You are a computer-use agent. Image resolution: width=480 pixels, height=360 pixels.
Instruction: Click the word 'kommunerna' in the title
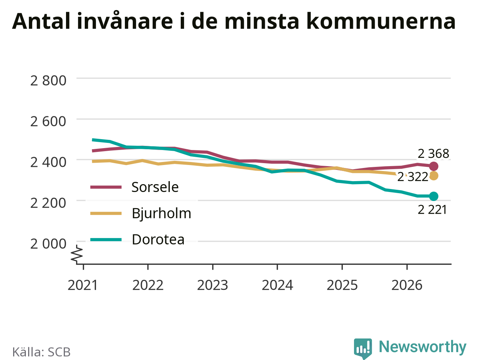tap(381, 21)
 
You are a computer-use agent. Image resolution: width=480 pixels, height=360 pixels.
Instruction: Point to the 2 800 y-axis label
tap(48, 80)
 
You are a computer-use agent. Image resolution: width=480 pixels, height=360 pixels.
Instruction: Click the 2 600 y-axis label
tap(48, 121)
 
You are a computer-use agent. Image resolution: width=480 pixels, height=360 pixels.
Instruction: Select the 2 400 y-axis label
tap(48, 162)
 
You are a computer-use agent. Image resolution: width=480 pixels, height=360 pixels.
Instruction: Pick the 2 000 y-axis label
tap(48, 244)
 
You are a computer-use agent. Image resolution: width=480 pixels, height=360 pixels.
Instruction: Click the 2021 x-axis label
tap(82, 285)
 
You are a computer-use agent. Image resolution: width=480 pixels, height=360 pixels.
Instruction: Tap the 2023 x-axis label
tap(213, 285)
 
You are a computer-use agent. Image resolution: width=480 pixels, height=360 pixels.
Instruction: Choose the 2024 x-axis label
tap(277, 285)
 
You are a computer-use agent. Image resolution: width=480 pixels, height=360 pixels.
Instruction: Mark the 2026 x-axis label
tap(407, 285)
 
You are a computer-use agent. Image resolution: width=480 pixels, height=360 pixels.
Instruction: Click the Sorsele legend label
tap(155, 187)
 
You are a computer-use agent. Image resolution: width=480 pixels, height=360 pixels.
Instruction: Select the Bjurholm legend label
tap(162, 213)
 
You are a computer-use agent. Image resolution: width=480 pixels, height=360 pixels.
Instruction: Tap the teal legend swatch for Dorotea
tap(106, 240)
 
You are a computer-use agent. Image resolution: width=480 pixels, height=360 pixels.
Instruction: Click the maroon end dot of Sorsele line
tap(433, 166)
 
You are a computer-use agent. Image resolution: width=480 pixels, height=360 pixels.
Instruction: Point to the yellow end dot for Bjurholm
tap(433, 176)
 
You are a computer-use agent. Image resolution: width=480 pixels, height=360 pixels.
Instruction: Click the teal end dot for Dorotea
tap(433, 196)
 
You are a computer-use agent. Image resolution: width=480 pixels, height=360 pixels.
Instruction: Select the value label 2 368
tap(433, 154)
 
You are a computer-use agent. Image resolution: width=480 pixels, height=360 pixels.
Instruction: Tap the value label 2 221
tap(432, 210)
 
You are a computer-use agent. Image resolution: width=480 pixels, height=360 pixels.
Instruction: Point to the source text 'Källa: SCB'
tap(41, 352)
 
